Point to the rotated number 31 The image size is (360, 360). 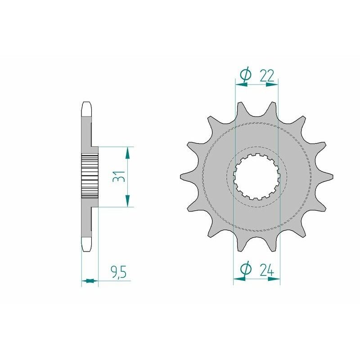118,177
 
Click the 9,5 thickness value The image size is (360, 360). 118,273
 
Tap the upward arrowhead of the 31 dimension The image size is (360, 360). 128,153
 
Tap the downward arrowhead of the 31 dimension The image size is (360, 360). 128,200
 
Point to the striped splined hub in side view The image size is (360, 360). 90,177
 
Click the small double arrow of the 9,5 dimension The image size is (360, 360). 90,281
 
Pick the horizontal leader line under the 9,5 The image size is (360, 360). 115,281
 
